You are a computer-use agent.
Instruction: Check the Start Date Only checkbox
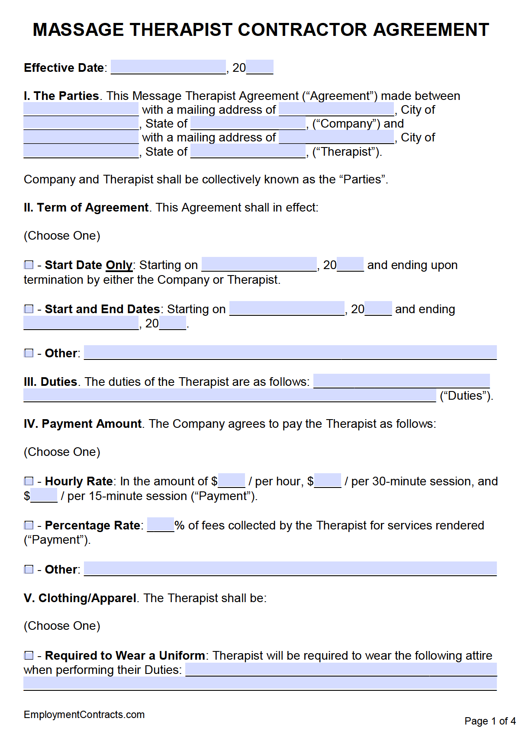(x=29, y=265)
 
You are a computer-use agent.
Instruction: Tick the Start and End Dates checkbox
(x=29, y=309)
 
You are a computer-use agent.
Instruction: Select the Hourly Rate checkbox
(x=29, y=481)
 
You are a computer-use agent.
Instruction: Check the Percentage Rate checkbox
(x=29, y=525)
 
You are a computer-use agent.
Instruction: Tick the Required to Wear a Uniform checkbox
(x=29, y=655)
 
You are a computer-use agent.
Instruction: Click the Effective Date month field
(x=168, y=67)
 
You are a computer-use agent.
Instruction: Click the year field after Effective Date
(x=260, y=67)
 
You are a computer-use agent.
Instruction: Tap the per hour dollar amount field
(x=232, y=481)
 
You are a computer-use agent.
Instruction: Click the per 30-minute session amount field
(x=328, y=481)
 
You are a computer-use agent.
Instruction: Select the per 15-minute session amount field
(x=44, y=495)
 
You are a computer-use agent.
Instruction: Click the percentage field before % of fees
(x=161, y=525)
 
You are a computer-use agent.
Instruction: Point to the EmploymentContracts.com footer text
(x=84, y=715)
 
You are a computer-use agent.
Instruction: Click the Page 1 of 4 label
(x=490, y=721)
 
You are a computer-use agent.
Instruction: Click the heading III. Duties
(x=50, y=382)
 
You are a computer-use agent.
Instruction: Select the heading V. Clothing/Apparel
(x=80, y=598)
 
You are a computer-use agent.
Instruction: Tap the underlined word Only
(x=119, y=265)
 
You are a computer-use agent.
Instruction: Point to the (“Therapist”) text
(x=347, y=152)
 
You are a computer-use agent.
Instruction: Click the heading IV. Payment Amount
(x=83, y=423)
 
